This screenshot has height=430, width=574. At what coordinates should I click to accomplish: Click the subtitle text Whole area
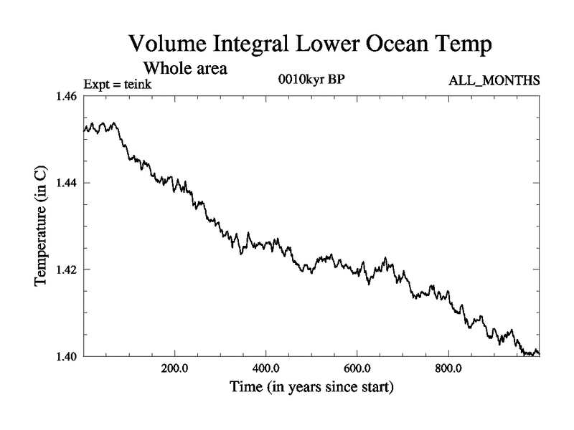tap(186, 69)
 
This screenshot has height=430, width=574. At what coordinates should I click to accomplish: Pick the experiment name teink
tap(136, 84)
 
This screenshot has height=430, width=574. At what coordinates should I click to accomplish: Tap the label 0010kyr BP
tap(311, 80)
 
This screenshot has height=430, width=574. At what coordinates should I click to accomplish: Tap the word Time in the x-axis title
tap(246, 388)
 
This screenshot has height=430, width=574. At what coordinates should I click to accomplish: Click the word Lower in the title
tap(321, 44)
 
